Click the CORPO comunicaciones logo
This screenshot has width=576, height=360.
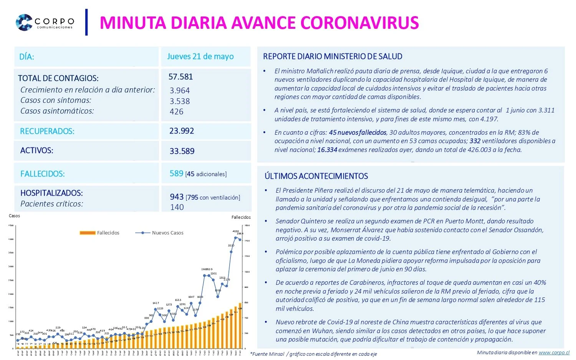coord(45,22)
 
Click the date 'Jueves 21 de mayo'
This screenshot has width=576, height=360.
coord(200,56)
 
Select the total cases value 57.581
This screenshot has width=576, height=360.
coord(180,77)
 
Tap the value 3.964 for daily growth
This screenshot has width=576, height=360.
coord(180,91)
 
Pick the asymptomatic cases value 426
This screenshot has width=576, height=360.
coord(177,112)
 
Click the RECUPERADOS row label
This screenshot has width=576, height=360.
coord(47,131)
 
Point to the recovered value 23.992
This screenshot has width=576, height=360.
coord(182,131)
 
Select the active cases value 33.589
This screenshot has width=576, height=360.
coord(182,151)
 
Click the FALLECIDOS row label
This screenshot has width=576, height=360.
coord(43,174)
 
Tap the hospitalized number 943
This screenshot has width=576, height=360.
coord(177,197)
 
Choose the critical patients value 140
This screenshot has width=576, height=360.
coord(177,207)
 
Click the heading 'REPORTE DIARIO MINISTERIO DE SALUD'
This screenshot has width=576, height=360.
coord(333,56)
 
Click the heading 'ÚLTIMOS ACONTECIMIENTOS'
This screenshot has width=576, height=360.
coord(316,176)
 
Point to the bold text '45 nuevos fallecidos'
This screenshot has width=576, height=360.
coord(358,132)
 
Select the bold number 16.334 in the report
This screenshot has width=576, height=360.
coord(327,150)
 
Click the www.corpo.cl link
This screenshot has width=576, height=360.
coord(554,352)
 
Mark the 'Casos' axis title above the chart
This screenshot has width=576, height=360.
coord(14,216)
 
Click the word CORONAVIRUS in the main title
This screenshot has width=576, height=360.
coord(359,23)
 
